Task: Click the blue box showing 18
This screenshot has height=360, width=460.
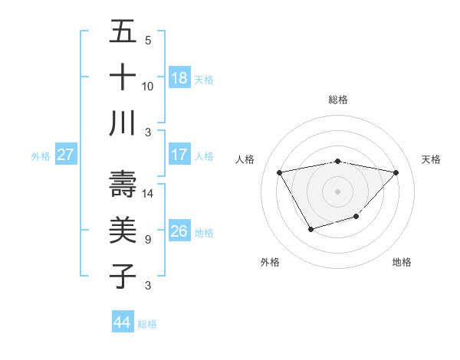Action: pyautogui.click(x=179, y=78)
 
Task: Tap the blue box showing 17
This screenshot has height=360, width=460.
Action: pyautogui.click(x=179, y=155)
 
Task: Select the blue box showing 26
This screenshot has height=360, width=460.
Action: pyautogui.click(x=179, y=231)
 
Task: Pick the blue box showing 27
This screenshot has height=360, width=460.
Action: pyautogui.click(x=66, y=155)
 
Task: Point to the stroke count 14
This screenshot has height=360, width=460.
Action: pyautogui.click(x=149, y=193)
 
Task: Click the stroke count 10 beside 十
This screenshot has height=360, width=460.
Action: pyautogui.click(x=148, y=86)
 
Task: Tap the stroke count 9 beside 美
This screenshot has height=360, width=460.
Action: pyautogui.click(x=147, y=239)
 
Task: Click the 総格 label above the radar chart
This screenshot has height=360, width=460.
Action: pyautogui.click(x=338, y=100)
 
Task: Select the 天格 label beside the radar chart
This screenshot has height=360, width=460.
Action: pyautogui.click(x=432, y=159)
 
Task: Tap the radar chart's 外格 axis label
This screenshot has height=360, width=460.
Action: pyautogui.click(x=270, y=262)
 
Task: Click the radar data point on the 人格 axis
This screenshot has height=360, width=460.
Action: pyautogui.click(x=279, y=172)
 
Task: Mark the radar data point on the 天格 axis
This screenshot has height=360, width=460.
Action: pyautogui.click(x=396, y=172)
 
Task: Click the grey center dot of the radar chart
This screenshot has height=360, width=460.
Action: pyautogui.click(x=338, y=191)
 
